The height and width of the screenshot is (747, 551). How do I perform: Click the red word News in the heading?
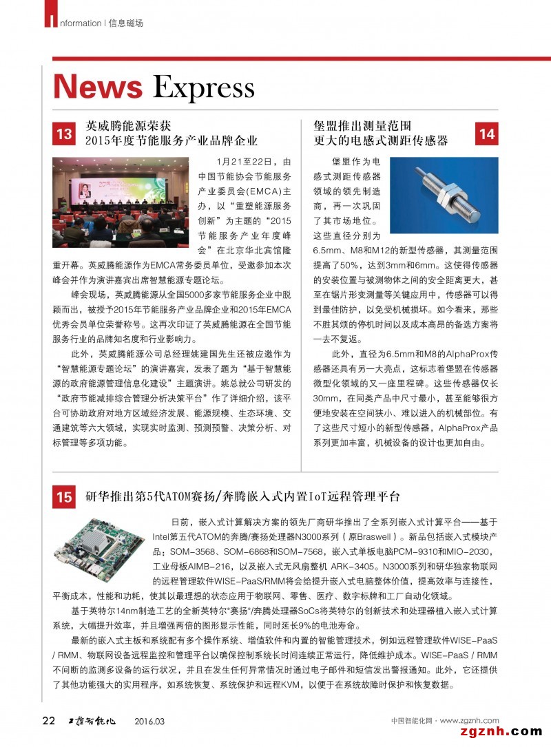point(97,87)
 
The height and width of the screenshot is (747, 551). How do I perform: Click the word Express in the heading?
point(203,89)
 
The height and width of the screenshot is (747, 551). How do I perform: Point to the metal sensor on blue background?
point(444,195)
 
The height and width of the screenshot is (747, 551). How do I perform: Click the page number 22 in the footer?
point(48,721)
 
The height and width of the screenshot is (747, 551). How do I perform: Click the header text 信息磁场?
point(126,23)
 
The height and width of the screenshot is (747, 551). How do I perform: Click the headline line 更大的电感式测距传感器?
point(381,140)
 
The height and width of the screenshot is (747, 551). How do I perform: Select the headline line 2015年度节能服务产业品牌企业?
point(171,140)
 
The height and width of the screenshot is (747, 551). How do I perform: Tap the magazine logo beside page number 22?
point(96,721)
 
